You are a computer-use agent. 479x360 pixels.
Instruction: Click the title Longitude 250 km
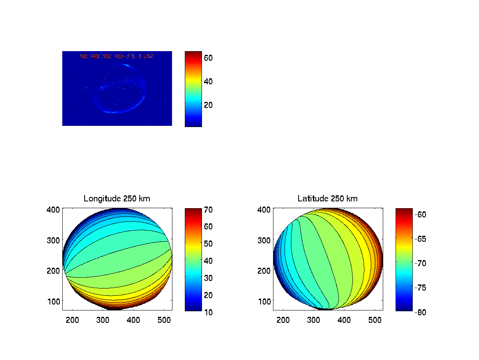pyautogui.click(x=117, y=199)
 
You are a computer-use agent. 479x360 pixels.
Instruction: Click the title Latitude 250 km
pyautogui.click(x=327, y=199)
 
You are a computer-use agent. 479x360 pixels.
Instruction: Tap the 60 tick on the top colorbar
pyautogui.click(x=208, y=58)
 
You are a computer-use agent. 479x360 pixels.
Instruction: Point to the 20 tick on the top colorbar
pyautogui.click(x=208, y=105)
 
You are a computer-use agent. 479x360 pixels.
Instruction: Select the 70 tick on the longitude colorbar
pyautogui.click(x=208, y=209)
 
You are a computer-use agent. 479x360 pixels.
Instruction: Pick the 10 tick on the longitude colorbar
pyautogui.click(x=208, y=312)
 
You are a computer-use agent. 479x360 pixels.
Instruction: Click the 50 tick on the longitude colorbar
pyautogui.click(x=208, y=244)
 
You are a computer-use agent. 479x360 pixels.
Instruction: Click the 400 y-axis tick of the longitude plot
pyautogui.click(x=55, y=209)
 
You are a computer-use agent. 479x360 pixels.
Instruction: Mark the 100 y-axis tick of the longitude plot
pyautogui.click(x=55, y=301)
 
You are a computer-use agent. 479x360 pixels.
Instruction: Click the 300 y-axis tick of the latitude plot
pyautogui.click(x=266, y=240)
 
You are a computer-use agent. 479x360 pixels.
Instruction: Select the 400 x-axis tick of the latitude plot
pyautogui.click(x=344, y=320)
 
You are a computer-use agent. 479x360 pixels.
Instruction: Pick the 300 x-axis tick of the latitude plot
pyautogui.click(x=314, y=320)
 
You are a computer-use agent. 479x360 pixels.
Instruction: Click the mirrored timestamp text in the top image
pyautogui.click(x=117, y=56)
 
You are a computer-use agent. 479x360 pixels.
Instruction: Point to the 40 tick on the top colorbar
pyautogui.click(x=208, y=81)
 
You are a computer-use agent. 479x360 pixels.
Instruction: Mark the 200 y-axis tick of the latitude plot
pyautogui.click(x=266, y=270)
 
